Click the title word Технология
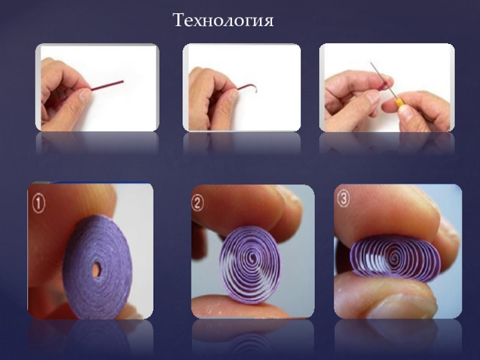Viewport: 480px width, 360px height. (x=223, y=21)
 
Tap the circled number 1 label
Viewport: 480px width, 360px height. (x=39, y=204)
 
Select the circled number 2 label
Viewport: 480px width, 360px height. (x=197, y=203)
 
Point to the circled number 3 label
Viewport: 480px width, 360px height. (x=343, y=199)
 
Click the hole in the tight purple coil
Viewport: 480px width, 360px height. (x=97, y=269)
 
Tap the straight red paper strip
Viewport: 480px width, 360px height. (x=107, y=85)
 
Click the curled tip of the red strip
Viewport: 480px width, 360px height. (x=254, y=88)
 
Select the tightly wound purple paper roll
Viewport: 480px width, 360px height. (x=98, y=267)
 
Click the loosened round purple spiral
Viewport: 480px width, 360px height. (x=250, y=265)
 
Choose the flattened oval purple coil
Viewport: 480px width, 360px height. (x=395, y=258)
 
